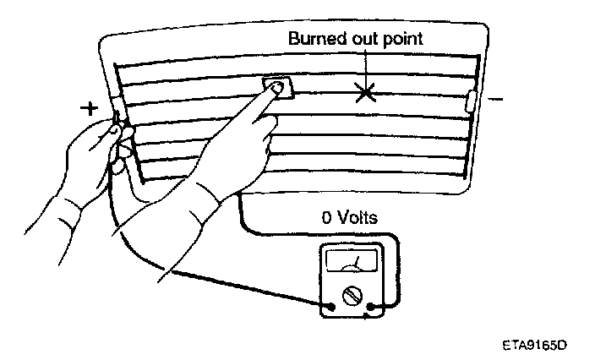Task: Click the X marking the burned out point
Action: (x=365, y=92)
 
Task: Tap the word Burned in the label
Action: (x=314, y=39)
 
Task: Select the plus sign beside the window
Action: (x=87, y=109)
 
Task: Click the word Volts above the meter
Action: (x=359, y=218)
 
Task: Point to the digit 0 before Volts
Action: (x=327, y=218)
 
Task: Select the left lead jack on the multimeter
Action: (x=330, y=308)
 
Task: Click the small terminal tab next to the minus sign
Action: (x=472, y=101)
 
